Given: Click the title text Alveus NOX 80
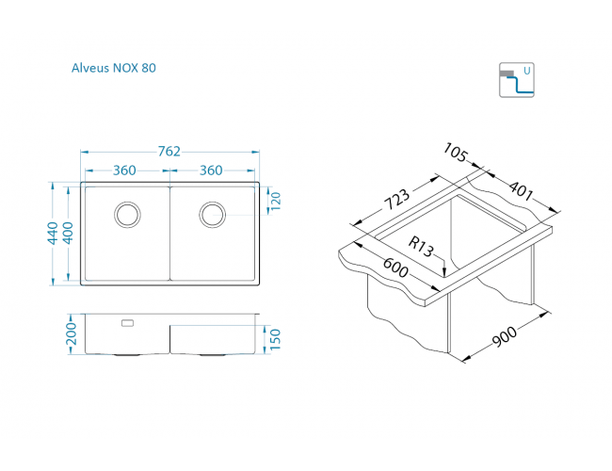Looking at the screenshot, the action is pyautogui.click(x=114, y=68).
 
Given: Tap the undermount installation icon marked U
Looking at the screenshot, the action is pyautogui.click(x=516, y=80).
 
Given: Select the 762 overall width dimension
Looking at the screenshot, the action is pyautogui.click(x=169, y=151).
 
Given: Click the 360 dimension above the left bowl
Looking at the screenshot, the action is pyautogui.click(x=124, y=171).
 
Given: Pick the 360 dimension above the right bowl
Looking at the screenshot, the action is pyautogui.click(x=211, y=171).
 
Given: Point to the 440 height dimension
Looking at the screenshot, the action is pyautogui.click(x=53, y=234).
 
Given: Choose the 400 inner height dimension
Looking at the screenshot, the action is pyautogui.click(x=68, y=234).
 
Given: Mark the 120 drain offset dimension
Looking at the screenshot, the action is pyautogui.click(x=276, y=201).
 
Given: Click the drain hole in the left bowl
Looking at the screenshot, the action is pyautogui.click(x=128, y=215).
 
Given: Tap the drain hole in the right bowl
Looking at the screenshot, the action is pyautogui.click(x=213, y=215).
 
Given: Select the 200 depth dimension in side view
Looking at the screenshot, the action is pyautogui.click(x=72, y=333).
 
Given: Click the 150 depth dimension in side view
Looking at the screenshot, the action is pyautogui.click(x=275, y=339).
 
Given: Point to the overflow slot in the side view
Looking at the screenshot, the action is pyautogui.click(x=128, y=323).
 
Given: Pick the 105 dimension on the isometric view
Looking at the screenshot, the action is pyautogui.click(x=455, y=153).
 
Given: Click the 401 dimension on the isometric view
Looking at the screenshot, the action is pyautogui.click(x=521, y=188).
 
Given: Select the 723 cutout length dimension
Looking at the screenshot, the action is pyautogui.click(x=397, y=199).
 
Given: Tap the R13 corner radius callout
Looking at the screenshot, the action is pyautogui.click(x=421, y=247).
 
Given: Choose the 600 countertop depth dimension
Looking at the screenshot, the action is pyautogui.click(x=395, y=267).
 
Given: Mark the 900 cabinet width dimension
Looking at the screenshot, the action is pyautogui.click(x=505, y=336).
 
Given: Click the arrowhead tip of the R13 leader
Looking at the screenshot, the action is pyautogui.click(x=444, y=276).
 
